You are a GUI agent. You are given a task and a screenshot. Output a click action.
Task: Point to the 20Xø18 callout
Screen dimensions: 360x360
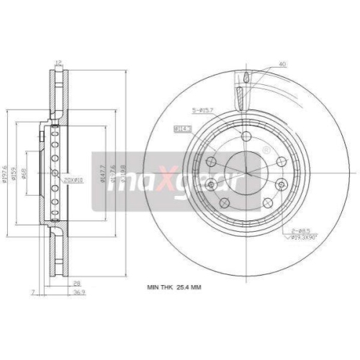pyautogui.click(x=73, y=179)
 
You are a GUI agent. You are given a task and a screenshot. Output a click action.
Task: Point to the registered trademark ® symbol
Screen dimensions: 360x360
pyautogui.click(x=266, y=150)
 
